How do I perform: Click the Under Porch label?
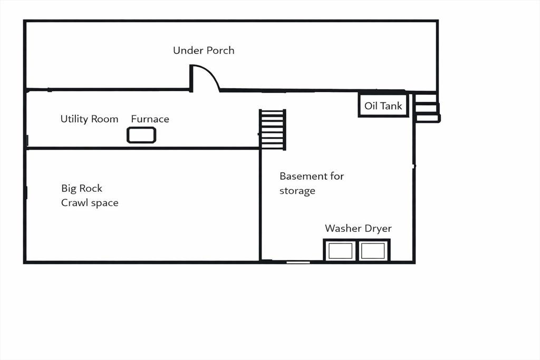tap(204, 51)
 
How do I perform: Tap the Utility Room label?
tap(89, 119)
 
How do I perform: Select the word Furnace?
tap(150, 119)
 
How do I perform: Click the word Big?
tap(69, 189)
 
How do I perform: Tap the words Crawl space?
tap(90, 203)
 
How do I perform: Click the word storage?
tap(297, 191)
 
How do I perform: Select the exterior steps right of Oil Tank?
tap(427, 108)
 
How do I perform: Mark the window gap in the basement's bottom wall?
tap(298, 262)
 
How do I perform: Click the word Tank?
tap(391, 105)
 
